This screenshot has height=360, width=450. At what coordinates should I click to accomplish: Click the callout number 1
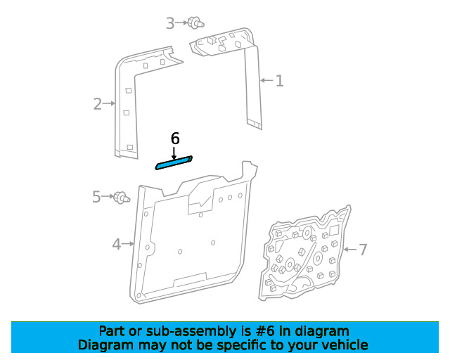tap(280, 81)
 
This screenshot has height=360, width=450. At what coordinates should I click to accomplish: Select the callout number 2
tap(98, 103)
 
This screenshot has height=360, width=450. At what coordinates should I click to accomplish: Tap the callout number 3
tap(170, 23)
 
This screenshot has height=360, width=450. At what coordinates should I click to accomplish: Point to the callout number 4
tap(117, 244)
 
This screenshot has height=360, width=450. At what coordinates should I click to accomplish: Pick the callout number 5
tap(96, 197)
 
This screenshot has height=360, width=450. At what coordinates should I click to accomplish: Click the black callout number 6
tap(175, 139)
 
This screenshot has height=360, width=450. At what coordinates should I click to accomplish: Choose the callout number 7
tap(363, 250)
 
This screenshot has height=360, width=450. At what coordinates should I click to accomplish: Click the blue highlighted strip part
tap(174, 163)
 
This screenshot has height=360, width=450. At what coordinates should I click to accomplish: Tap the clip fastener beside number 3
tap(196, 23)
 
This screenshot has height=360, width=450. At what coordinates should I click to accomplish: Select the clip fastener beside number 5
tap(122, 198)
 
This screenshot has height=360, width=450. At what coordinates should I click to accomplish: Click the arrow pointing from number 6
tap(174, 153)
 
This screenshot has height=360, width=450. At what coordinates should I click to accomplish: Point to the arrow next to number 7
tap(350, 250)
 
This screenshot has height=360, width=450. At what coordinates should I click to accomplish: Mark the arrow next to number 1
tap(267, 80)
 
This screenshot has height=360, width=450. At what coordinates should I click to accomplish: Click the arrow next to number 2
tap(109, 103)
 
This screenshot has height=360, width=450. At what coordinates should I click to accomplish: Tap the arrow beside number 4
tap(128, 244)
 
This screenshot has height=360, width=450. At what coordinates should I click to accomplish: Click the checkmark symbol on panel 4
tap(205, 201)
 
